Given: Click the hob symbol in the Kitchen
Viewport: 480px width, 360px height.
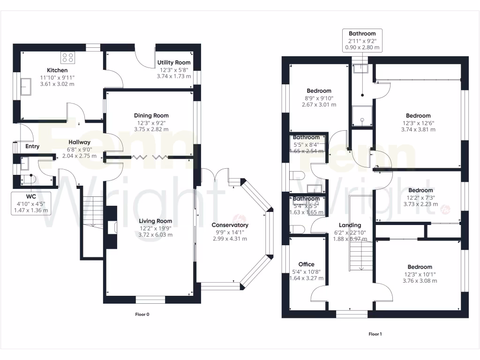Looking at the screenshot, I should [x=68, y=58].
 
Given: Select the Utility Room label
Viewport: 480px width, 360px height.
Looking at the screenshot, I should [x=174, y=62].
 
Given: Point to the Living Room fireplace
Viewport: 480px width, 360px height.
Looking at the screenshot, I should [x=112, y=228].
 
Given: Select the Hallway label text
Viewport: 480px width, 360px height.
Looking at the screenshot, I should [x=79, y=142].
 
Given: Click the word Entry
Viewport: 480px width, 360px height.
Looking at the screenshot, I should [x=32, y=147].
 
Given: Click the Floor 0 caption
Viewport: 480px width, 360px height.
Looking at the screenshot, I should [x=142, y=315].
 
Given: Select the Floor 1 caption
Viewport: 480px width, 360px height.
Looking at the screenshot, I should [x=375, y=334].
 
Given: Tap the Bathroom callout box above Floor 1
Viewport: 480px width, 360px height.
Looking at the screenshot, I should [x=362, y=40].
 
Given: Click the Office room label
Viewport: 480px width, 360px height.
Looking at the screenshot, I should [x=307, y=264].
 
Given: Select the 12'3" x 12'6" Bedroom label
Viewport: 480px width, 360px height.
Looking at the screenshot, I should [x=418, y=115].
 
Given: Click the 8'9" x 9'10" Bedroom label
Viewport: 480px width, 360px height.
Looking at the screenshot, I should [x=319, y=91].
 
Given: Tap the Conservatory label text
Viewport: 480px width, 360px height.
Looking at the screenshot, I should [x=230, y=225].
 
